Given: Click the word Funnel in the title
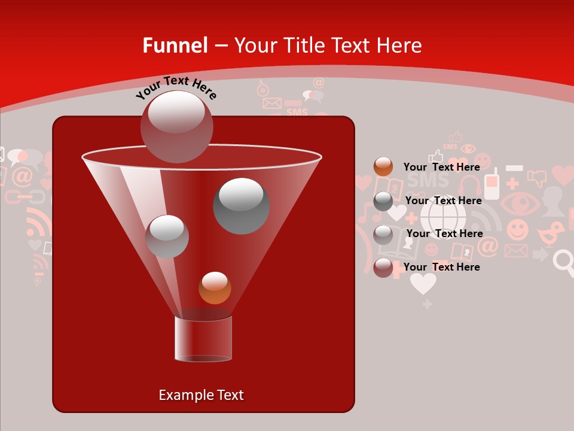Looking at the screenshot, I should (175, 45).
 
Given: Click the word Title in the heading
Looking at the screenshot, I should (303, 45).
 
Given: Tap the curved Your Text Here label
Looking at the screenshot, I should (176, 87).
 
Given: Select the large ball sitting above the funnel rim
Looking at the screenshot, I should (176, 126).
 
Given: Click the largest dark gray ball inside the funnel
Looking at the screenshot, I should (241, 205).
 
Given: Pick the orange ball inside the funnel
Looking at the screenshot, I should (215, 288).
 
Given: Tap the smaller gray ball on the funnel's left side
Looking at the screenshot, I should (167, 236).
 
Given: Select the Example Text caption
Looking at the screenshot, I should (201, 395).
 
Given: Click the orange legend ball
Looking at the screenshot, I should (383, 166).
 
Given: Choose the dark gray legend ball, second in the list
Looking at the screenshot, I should (383, 201).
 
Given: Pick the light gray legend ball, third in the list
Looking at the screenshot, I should (383, 234).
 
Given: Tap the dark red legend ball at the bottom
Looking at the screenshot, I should (383, 268).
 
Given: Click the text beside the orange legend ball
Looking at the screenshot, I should (441, 167).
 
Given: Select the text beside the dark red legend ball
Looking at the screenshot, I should (441, 267).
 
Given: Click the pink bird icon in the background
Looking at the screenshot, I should (551, 232).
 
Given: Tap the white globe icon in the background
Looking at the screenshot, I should (443, 216).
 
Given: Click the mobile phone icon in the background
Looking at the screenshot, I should (491, 184).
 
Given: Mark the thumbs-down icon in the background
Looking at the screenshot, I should (538, 178).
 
